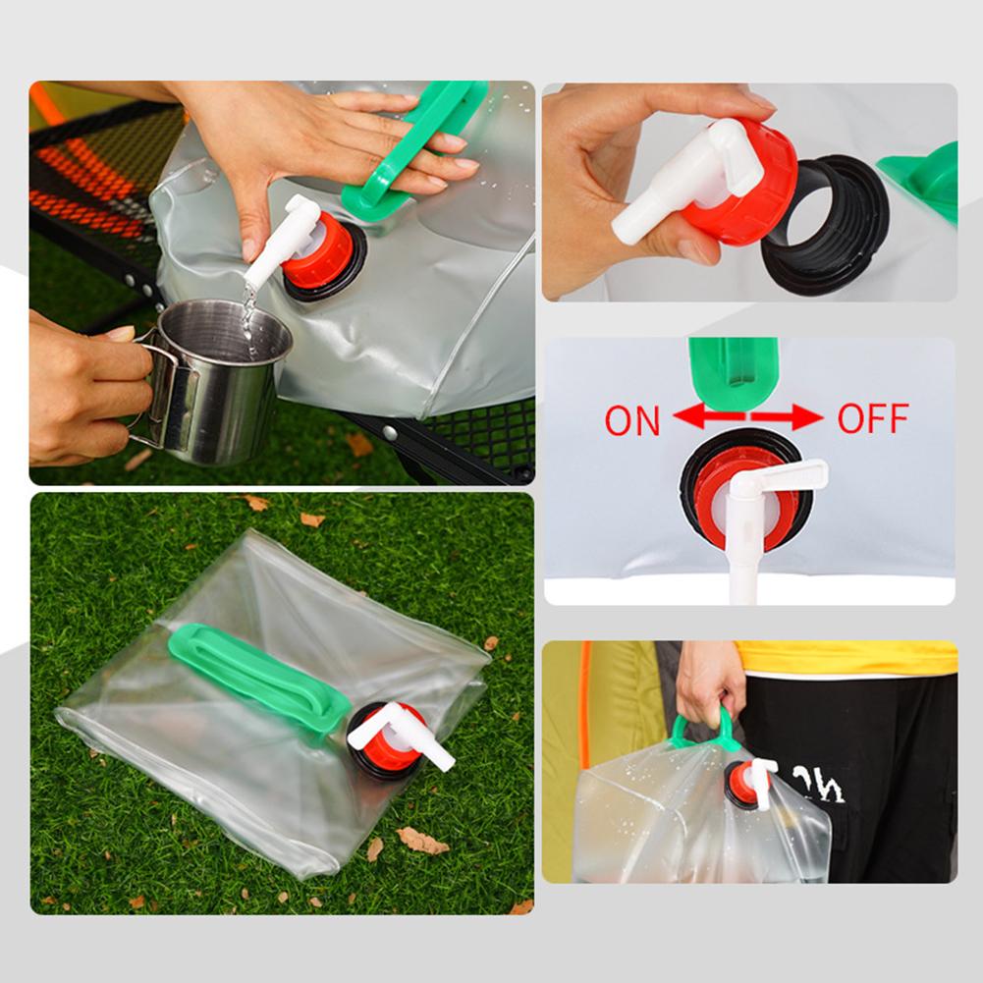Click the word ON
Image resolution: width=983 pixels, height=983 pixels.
pyautogui.click(x=632, y=420)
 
